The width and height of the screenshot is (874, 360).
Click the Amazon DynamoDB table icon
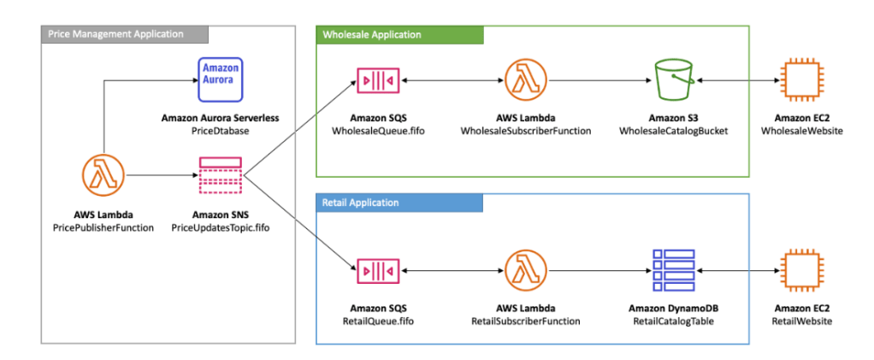[675, 271]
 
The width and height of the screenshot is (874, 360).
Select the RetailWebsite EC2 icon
[797, 271]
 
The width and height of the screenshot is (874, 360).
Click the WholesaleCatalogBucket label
[675, 131]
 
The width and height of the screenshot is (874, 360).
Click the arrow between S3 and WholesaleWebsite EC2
[736, 80]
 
